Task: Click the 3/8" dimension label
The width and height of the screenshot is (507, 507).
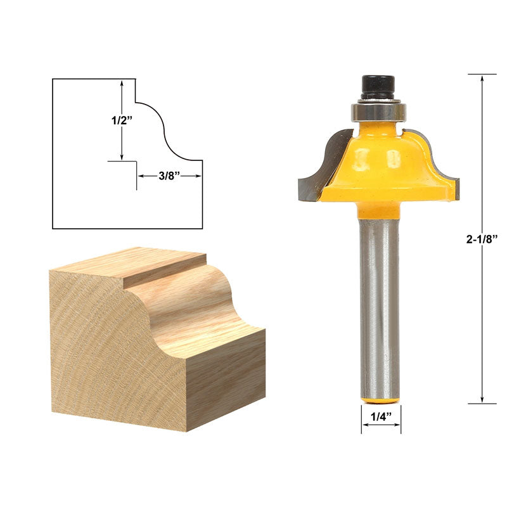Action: click(170, 177)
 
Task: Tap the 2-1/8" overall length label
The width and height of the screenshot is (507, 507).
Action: click(482, 239)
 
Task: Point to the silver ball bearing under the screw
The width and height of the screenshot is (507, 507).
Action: click(378, 111)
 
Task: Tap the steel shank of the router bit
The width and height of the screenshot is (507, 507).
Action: click(379, 304)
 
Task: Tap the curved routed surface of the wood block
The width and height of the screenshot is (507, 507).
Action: click(190, 304)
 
